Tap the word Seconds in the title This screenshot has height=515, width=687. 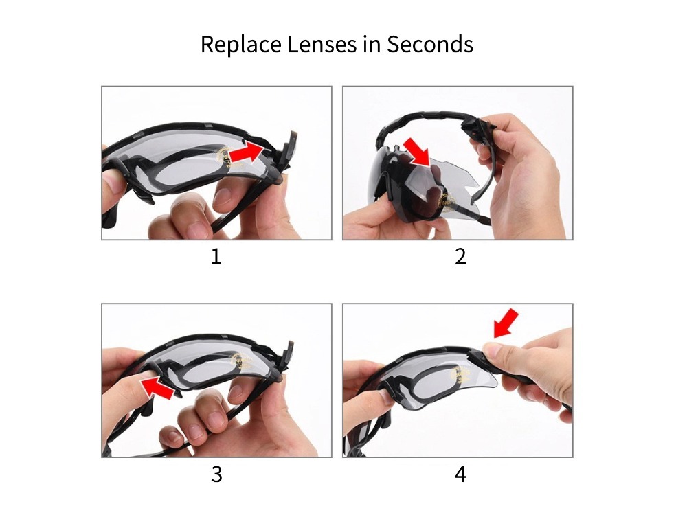(430, 45)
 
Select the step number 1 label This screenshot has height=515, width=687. (216, 257)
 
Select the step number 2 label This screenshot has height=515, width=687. (460, 257)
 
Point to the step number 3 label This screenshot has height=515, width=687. (216, 474)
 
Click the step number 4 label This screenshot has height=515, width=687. (460, 474)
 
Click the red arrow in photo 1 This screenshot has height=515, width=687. (247, 152)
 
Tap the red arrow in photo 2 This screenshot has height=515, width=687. (417, 151)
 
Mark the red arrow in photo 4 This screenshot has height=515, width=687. (506, 323)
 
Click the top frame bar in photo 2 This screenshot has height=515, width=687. (426, 122)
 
